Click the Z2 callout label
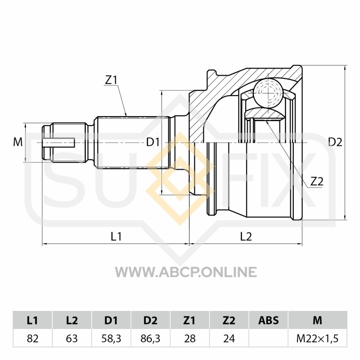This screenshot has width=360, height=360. (317, 181)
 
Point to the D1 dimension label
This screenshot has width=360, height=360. (153, 143)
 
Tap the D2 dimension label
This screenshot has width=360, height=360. (335, 143)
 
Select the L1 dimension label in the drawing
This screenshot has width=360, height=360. (117, 235)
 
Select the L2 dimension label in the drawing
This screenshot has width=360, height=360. (246, 235)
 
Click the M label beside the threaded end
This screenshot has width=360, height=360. (18, 143)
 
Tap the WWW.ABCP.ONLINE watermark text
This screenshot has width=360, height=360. (186, 272)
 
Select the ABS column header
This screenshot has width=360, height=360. (268, 320)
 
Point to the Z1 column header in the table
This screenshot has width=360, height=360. (189, 320)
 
